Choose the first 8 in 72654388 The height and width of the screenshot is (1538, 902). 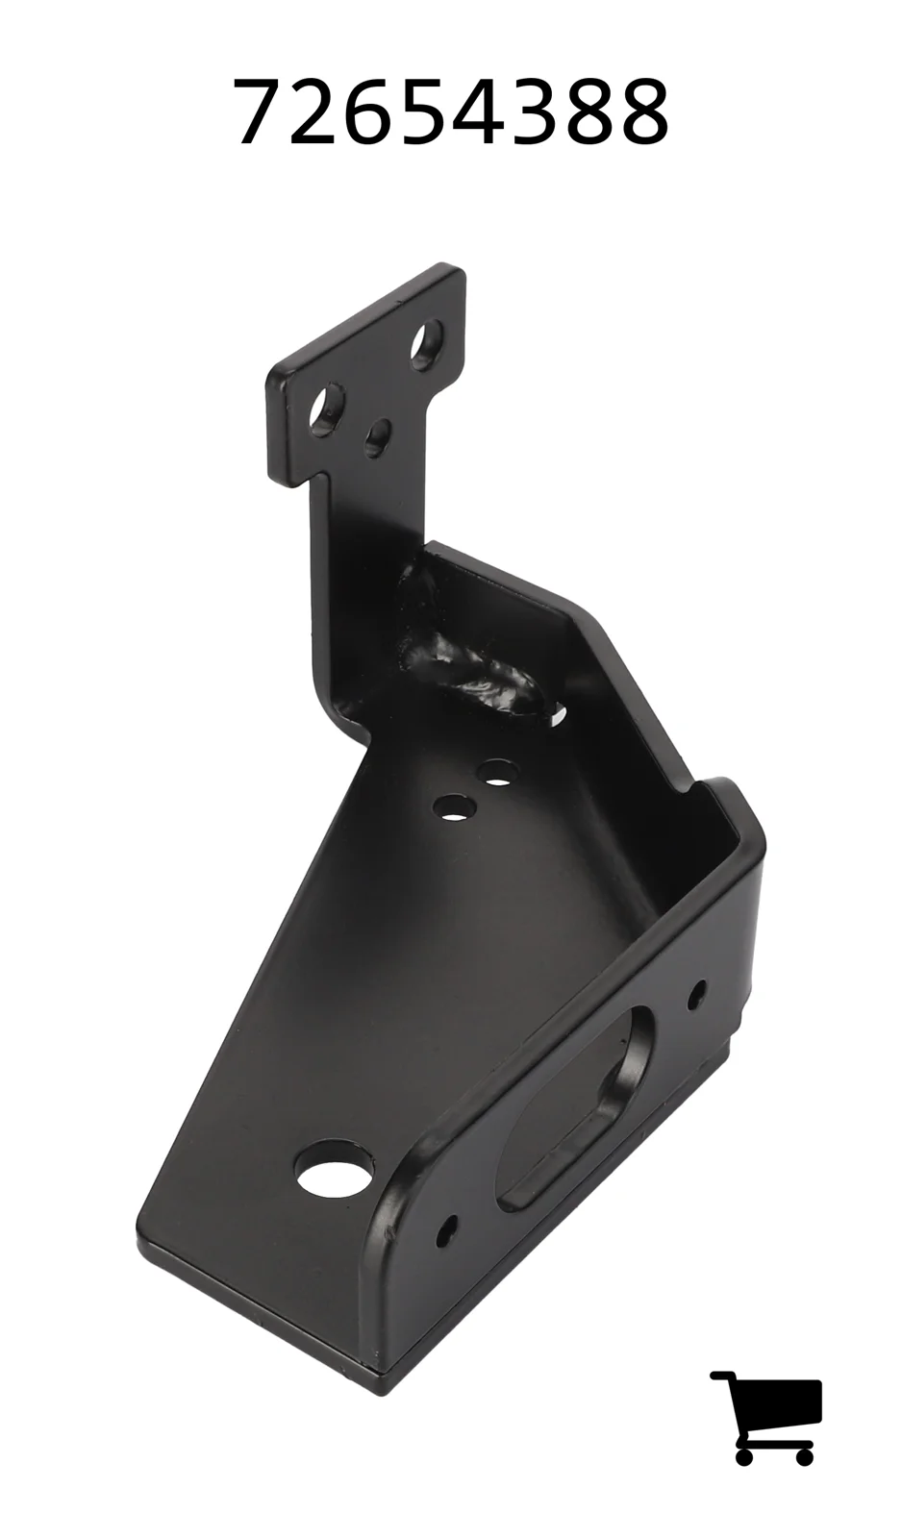tap(589, 111)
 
